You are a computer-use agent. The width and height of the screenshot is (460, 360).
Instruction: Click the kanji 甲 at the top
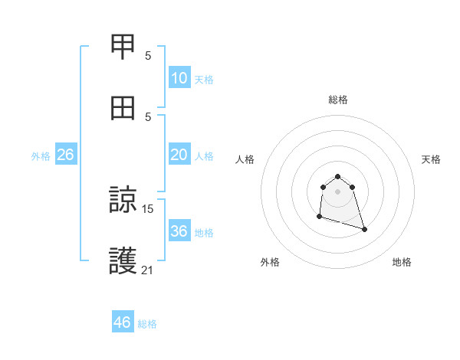tap(123, 47)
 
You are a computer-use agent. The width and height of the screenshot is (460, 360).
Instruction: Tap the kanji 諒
tap(123, 201)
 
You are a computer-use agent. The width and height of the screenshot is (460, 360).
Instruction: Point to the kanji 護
tap(123, 261)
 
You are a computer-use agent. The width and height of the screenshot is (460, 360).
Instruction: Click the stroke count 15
tap(148, 208)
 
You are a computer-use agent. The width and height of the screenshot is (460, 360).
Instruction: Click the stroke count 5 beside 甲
tap(148, 55)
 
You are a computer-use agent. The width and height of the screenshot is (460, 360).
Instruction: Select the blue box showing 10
tap(179, 78)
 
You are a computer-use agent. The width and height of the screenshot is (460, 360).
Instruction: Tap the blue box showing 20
tap(179, 155)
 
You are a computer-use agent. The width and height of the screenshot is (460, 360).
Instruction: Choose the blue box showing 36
tap(179, 231)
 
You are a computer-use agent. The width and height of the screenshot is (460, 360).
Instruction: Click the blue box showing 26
tap(65, 155)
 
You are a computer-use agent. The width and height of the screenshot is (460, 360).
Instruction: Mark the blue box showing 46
tap(122, 322)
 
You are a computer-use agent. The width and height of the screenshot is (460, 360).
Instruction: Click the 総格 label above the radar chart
tap(338, 100)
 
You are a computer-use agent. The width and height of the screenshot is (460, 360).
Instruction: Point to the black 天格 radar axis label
tap(432, 159)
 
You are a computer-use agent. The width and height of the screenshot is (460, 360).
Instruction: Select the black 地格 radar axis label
tap(402, 262)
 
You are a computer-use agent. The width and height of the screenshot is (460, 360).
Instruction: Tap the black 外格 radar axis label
tap(270, 262)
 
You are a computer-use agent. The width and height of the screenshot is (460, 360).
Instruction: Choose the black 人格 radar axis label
tap(245, 159)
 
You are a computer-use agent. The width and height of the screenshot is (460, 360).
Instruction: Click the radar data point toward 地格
tap(364, 229)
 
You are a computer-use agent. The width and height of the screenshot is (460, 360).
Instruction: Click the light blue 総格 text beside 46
tap(147, 324)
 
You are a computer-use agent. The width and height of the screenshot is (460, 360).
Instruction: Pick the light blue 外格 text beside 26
tap(41, 156)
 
